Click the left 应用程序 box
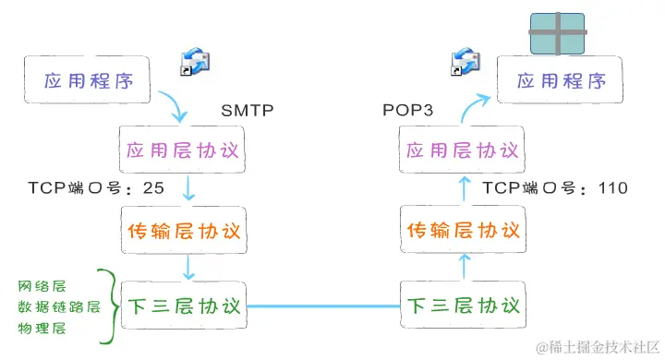click(89, 79)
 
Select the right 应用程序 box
click(562, 80)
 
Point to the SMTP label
click(248, 111)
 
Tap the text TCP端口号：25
click(97, 188)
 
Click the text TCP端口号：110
click(555, 188)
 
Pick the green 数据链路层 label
click(56, 306)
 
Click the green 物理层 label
click(44, 328)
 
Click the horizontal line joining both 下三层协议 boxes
click(323, 306)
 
